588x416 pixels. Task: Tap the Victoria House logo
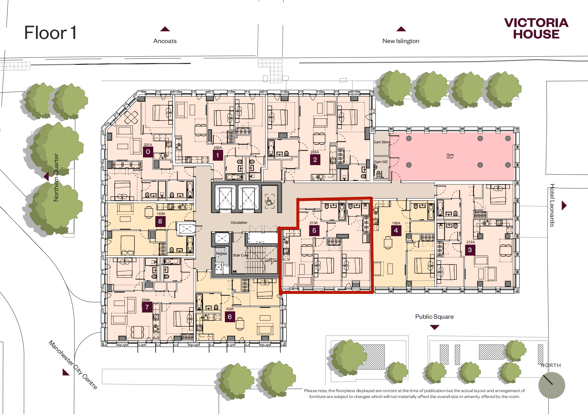[536, 28]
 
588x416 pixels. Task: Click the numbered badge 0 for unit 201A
[148, 152]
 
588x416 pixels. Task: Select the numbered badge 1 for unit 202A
[218, 155]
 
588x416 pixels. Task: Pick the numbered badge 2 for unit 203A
[315, 160]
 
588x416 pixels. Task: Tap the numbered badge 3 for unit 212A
[470, 250]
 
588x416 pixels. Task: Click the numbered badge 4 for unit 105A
[396, 231]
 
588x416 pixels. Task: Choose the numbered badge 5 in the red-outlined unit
[314, 231]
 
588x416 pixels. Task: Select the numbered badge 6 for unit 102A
[230, 317]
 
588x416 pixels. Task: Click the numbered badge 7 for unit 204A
[147, 307]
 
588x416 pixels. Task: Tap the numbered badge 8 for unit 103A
[160, 221]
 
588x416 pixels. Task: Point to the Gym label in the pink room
[450, 155]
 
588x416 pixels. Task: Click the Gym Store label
[381, 142]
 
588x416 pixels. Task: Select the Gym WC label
[381, 162]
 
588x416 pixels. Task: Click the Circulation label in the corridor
[239, 223]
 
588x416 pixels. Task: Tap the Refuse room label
[221, 254]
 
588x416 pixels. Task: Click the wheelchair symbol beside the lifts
[269, 202]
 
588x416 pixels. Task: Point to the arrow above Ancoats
[165, 29]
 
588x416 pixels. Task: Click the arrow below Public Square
[434, 327]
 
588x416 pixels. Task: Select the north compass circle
[551, 385]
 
